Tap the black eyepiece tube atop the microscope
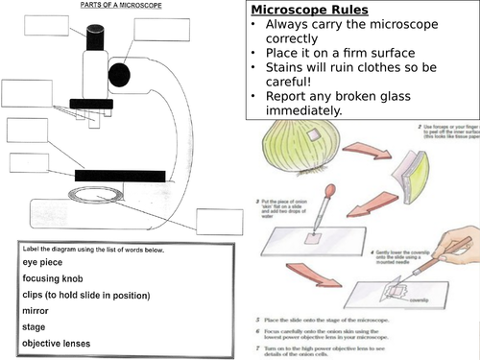tap(97, 36)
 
